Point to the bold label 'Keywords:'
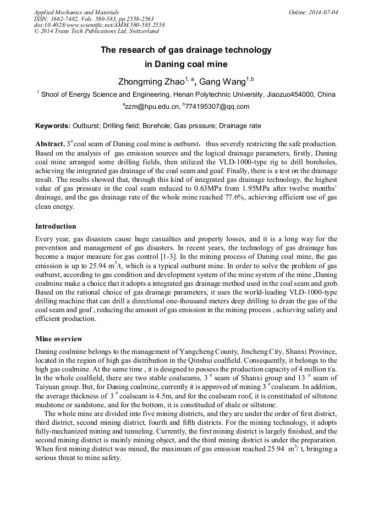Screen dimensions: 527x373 point(52,126)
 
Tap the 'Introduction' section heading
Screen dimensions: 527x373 point(56,226)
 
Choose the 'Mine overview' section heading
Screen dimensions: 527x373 point(58,339)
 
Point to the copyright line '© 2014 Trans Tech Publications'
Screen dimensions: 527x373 point(96,31)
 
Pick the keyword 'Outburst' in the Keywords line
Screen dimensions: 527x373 point(87,126)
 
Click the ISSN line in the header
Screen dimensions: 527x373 point(94,18)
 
